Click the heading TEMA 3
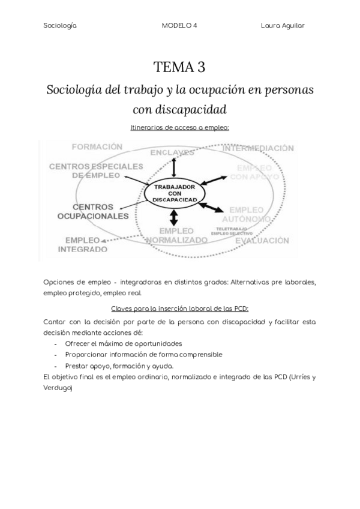[179, 67]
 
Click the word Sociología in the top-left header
[60, 25]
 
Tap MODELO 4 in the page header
[179, 25]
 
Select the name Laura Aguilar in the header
[283, 25]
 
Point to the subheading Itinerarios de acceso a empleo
[179, 127]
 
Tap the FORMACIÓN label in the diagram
[97, 146]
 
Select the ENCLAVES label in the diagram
[174, 152]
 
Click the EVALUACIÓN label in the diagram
[261, 240]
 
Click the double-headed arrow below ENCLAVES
[174, 167]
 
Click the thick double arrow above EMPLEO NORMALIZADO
[174, 217]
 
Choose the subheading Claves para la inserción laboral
[179, 309]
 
